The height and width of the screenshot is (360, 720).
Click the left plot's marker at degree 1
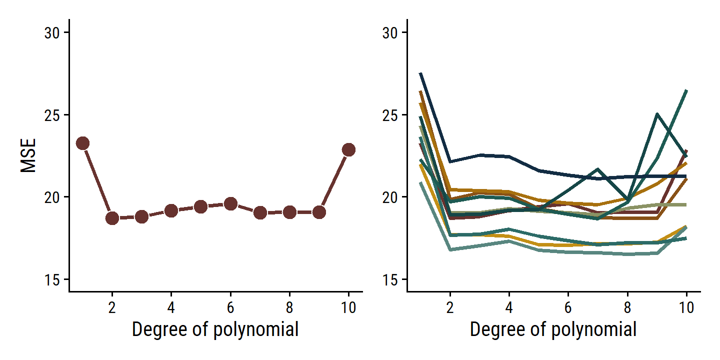[82, 143]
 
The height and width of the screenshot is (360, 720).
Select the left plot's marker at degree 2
[112, 218]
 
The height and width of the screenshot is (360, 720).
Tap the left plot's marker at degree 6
[230, 203]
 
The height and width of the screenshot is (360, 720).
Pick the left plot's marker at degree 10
[348, 149]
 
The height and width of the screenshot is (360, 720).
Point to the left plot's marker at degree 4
[171, 210]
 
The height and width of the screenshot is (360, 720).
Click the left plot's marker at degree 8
[289, 212]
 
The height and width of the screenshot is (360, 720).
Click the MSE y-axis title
[28, 155]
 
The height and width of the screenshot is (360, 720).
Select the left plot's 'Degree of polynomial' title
[215, 330]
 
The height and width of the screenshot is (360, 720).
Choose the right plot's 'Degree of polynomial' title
[553, 330]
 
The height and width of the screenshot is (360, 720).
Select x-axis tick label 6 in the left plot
[230, 307]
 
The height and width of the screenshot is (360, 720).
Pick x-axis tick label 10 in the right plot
[686, 307]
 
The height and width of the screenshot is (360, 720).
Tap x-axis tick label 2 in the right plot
[450, 307]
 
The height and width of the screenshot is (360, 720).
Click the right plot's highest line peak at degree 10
[686, 90]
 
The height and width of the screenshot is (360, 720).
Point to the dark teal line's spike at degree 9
[657, 114]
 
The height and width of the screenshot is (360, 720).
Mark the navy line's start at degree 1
[421, 73]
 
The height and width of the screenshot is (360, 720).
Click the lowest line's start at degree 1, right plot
[421, 183]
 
